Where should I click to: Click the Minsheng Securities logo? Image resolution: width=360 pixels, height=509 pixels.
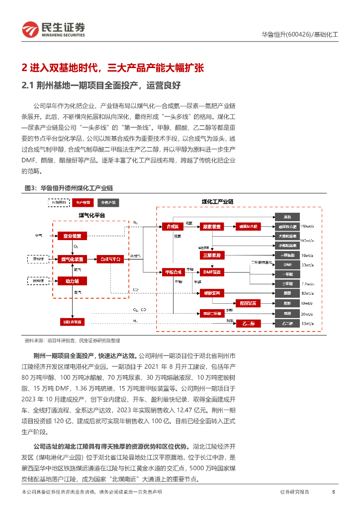click(x=53, y=29)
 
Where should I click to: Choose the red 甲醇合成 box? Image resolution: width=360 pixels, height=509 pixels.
click(x=173, y=272)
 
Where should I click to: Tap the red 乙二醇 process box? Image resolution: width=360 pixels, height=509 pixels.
click(x=248, y=324)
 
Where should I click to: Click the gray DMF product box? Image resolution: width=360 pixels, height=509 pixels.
click(x=287, y=264)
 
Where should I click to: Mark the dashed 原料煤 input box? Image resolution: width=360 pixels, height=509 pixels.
click(x=38, y=259)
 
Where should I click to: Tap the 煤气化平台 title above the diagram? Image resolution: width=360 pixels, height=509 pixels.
click(x=91, y=215)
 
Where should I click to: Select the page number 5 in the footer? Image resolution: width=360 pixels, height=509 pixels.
click(x=333, y=492)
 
